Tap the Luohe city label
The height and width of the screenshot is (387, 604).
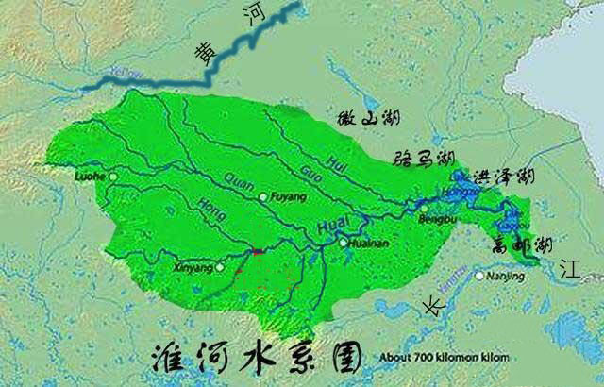coord(92,176)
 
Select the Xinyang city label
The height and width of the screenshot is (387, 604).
coord(193,267)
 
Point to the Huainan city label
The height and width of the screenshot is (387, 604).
coord(368,243)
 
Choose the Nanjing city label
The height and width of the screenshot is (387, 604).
coord(506,276)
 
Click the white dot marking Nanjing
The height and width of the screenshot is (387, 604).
coord(480,276)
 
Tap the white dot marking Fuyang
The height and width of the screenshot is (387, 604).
coord(263,197)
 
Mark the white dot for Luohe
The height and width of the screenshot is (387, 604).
coord(114,176)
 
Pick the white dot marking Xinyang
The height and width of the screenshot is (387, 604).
coord(220,267)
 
